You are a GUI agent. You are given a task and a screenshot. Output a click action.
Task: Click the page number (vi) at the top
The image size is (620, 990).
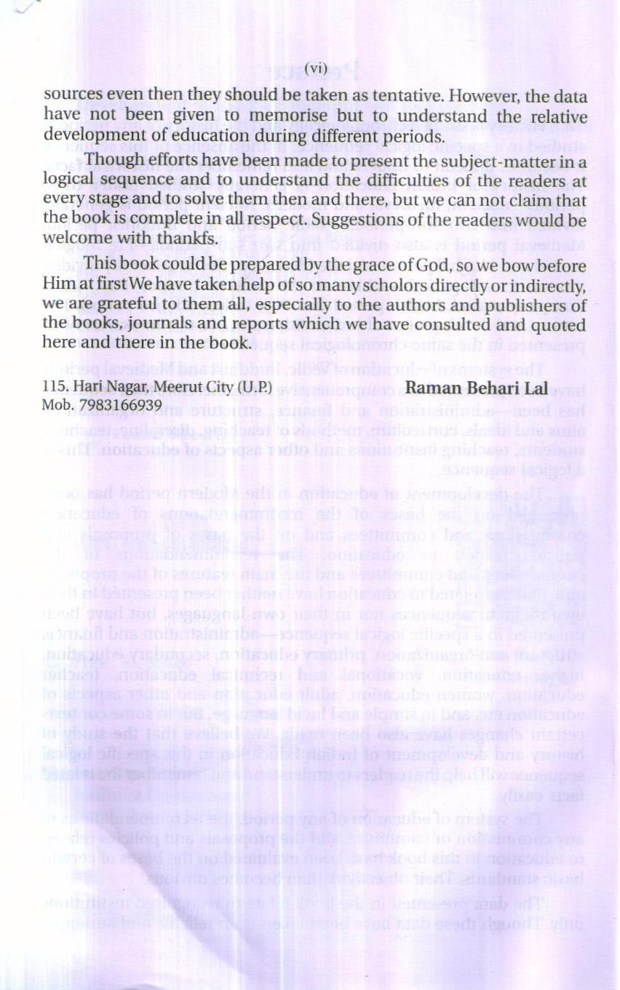tap(315, 68)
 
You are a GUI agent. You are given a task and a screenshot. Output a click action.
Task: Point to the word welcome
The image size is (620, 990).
tap(75, 239)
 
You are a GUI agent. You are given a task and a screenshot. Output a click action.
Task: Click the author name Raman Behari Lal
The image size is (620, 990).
tap(476, 387)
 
